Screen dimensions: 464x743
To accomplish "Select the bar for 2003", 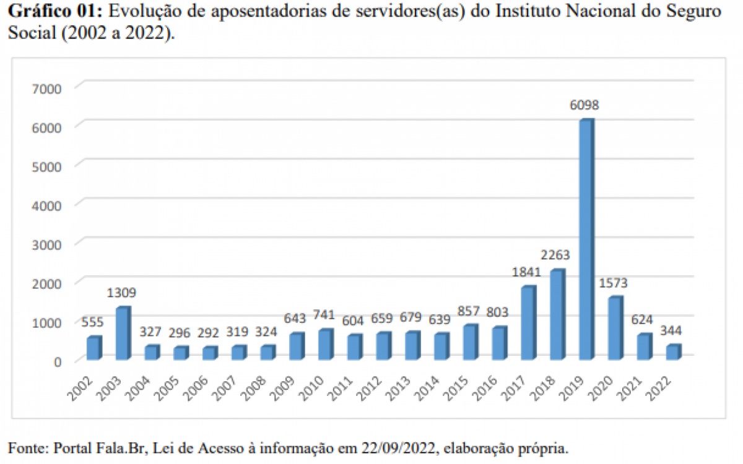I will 123,333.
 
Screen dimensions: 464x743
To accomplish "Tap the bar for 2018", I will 557,315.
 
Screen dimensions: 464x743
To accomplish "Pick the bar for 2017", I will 528,323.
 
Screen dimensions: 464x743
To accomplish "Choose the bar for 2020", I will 615,329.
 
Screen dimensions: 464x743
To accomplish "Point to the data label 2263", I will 555,256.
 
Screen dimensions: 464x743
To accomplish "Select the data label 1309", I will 122,293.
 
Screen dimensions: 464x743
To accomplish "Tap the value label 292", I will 209,333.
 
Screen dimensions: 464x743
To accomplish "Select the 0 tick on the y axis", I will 57,361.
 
